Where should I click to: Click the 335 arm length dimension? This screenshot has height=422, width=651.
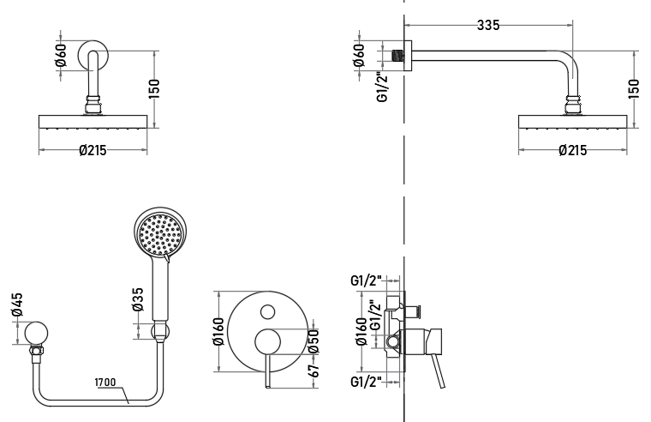point(488,26)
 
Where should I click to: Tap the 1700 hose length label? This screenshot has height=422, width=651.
point(105,382)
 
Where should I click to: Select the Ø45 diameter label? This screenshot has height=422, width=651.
point(17,304)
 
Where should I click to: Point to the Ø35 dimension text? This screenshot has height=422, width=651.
point(137,299)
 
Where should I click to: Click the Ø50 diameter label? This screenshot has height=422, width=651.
point(314,341)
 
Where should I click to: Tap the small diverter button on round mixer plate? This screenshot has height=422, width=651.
point(267,312)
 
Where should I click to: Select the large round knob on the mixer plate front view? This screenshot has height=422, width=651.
point(267,342)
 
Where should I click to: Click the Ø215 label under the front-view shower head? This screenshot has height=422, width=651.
point(93,150)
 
